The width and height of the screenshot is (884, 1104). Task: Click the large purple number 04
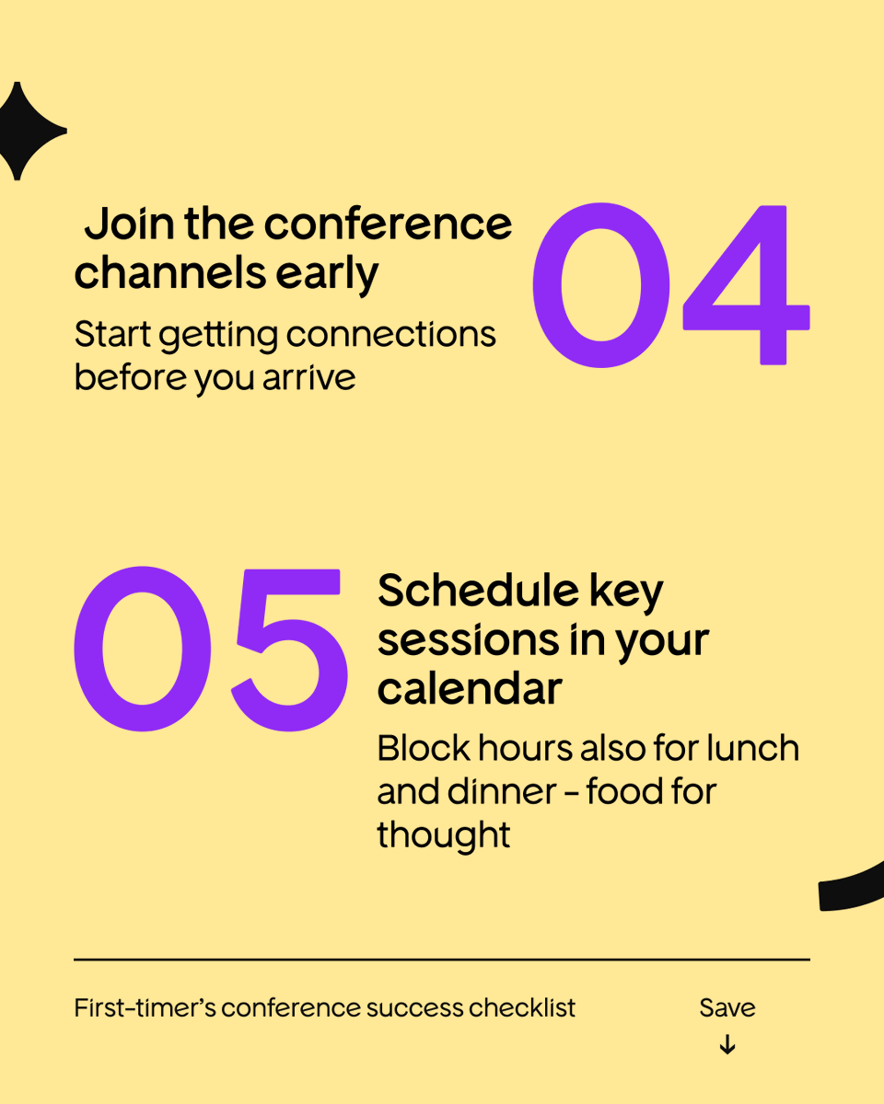[x=670, y=285]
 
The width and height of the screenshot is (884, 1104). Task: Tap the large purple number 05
[x=211, y=650]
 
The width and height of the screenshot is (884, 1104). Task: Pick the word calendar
[x=470, y=689]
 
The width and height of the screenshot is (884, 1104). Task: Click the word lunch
[x=752, y=748]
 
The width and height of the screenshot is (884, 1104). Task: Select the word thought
[x=444, y=835]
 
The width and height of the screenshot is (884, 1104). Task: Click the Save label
[x=727, y=1007]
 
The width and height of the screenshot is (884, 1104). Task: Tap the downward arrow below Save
[x=727, y=1045]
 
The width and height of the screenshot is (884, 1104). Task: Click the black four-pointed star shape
[x=26, y=131]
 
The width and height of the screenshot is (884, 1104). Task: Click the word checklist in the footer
[x=522, y=1007]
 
